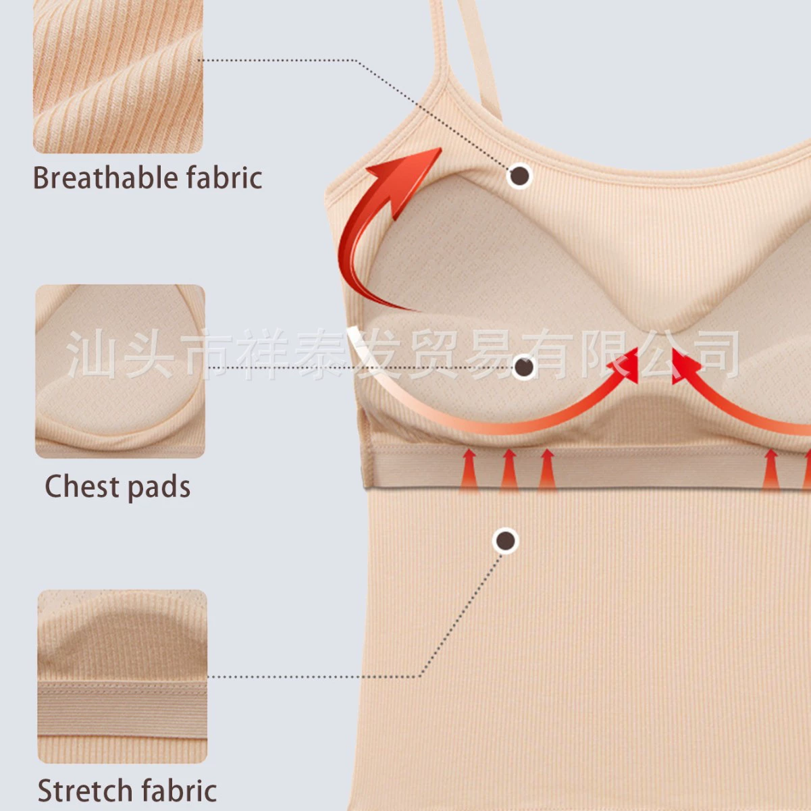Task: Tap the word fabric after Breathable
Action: pos(225,178)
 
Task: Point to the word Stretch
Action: pos(85,790)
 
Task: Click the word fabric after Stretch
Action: pos(179,790)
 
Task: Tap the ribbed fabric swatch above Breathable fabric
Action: pos(118,76)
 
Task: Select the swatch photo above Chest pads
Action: pos(120,371)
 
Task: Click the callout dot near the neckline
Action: pos(521,175)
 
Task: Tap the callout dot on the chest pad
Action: pos(524,367)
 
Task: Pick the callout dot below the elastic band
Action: pos(506,540)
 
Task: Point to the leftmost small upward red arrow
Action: pos(469,470)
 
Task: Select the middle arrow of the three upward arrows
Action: pos(509,470)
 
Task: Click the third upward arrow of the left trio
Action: pos(547,470)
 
